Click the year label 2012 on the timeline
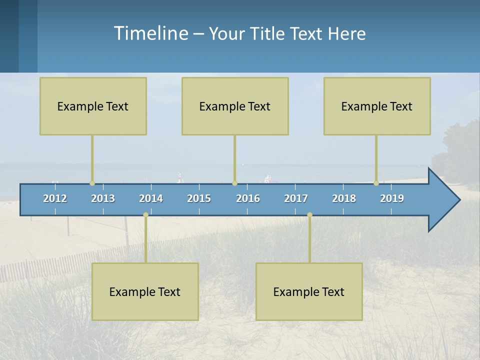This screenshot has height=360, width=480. (x=55, y=198)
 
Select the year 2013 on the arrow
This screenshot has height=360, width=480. (x=103, y=198)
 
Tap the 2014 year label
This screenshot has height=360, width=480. (x=151, y=198)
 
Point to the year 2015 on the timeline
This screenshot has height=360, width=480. (x=199, y=198)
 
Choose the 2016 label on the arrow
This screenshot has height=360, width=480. (x=248, y=198)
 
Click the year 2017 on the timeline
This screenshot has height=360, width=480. (x=296, y=198)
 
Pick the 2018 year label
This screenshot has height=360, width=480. (x=344, y=198)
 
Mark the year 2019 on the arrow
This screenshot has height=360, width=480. (x=392, y=198)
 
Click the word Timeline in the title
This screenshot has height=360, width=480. (x=150, y=33)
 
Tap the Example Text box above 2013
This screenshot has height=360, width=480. (x=93, y=106)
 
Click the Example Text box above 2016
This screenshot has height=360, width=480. (x=235, y=106)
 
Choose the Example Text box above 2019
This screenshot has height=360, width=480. (x=377, y=106)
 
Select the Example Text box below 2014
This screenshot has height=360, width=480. (x=145, y=291)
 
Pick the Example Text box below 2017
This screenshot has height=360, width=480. (x=309, y=291)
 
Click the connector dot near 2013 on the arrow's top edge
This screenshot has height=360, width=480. (x=92, y=183)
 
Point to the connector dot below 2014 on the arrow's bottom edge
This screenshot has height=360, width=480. (x=145, y=215)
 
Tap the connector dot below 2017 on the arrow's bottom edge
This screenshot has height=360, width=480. (x=309, y=215)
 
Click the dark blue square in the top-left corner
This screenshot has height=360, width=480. (x=9, y=36)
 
